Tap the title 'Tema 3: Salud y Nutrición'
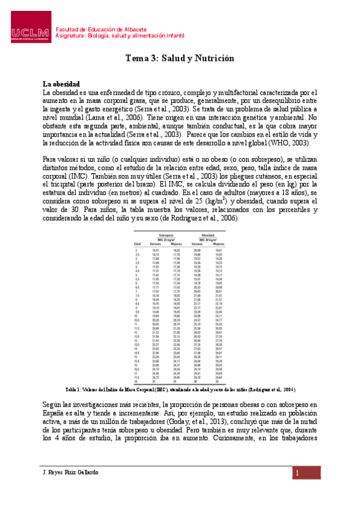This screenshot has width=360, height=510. coord(179,59)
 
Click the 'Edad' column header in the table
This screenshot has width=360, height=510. coord(137,243)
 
